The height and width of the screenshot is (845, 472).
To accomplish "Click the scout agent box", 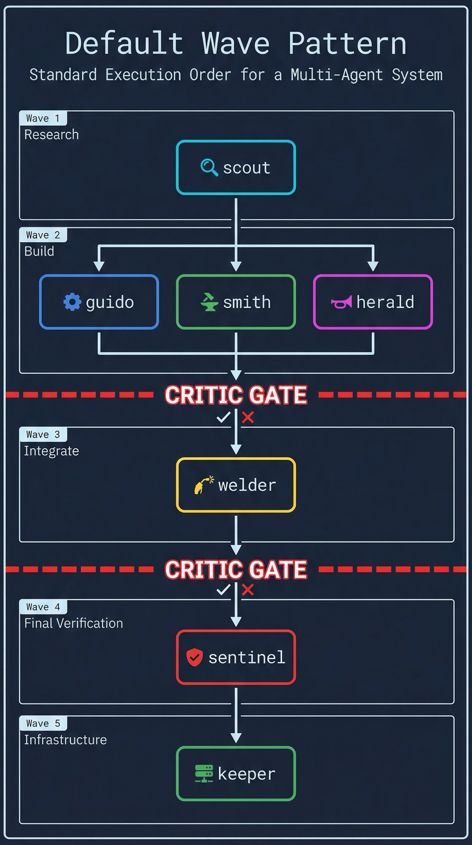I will [236, 167].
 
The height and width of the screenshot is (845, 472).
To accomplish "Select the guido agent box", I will [99, 302].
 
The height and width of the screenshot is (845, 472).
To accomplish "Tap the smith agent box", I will [236, 302].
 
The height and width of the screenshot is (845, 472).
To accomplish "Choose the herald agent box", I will [373, 302].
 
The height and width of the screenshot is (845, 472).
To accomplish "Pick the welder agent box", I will [236, 485].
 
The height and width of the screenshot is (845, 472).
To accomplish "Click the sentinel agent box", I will [236, 657].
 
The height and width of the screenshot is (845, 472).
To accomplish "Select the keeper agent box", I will [236, 773].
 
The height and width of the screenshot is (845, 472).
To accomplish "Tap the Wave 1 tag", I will [43, 118].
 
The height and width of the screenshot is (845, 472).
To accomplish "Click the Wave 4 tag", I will [43, 607].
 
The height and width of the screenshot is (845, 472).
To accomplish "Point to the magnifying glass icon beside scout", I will [209, 167].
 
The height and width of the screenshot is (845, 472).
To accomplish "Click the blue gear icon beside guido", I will [72, 302].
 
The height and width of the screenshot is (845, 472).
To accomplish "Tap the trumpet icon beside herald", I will [341, 302].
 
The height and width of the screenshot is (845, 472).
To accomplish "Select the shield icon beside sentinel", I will [194, 657].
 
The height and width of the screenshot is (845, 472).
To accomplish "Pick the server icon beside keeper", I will [204, 773].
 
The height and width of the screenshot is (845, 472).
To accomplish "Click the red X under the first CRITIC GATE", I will [248, 417].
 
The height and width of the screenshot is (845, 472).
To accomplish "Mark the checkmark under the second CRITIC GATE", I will [223, 590].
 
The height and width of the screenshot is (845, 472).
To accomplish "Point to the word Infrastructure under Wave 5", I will [65, 740].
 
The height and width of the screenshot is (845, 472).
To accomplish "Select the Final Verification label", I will [74, 623].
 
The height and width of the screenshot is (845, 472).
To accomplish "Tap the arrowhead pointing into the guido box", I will [99, 266].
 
